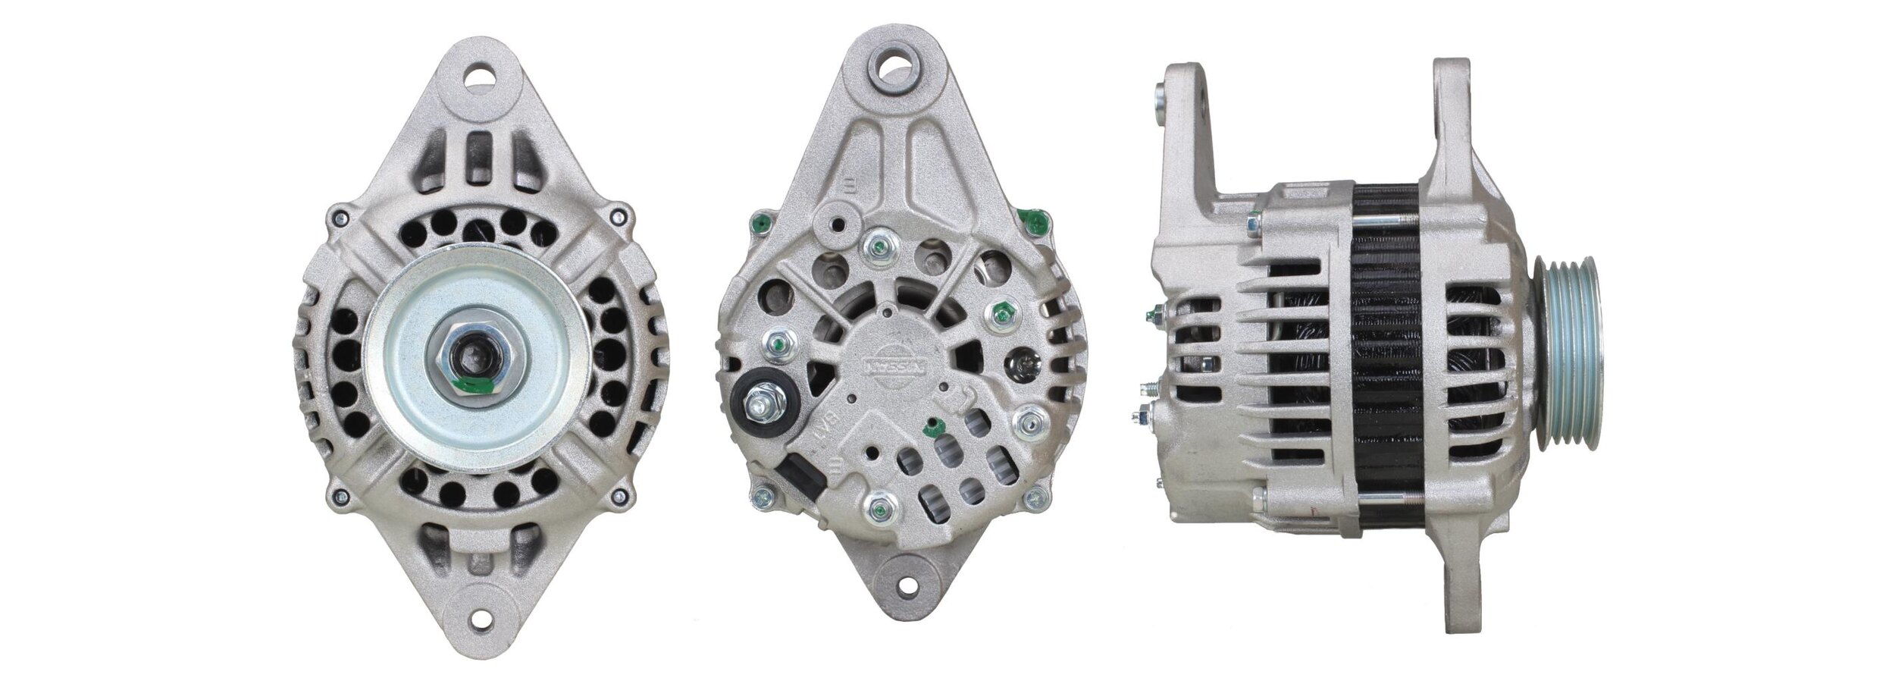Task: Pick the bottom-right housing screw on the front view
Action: click(x=622, y=497)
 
